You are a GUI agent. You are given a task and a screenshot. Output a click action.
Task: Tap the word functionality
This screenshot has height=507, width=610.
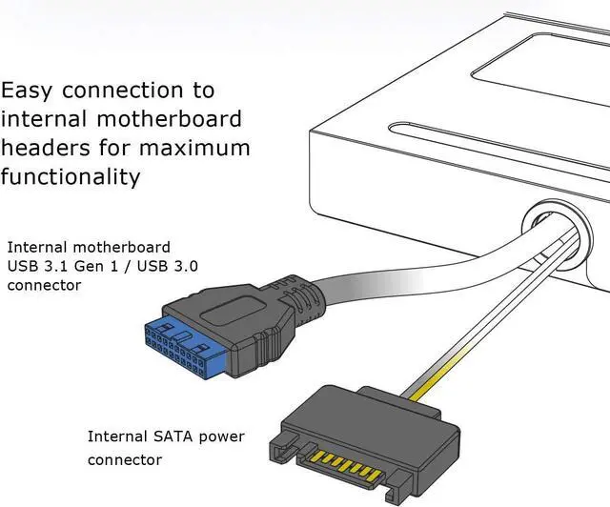click(71, 177)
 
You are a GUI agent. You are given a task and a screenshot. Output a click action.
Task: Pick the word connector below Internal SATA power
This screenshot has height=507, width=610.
click(125, 460)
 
